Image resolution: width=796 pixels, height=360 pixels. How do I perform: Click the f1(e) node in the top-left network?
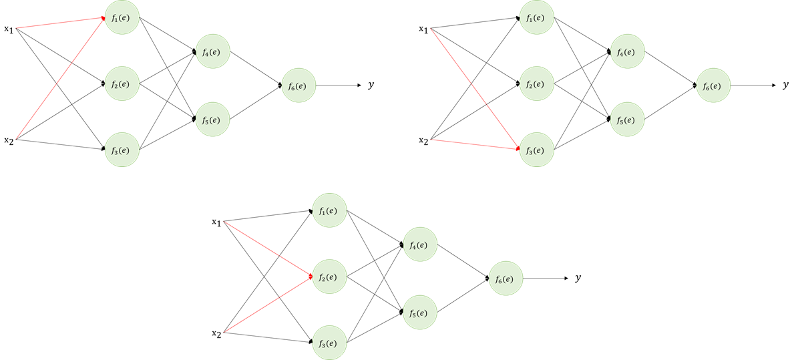tap(122, 17)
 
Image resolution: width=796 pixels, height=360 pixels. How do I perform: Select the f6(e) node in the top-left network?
tap(298, 85)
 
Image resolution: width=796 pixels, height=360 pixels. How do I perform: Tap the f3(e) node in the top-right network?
tap(536, 150)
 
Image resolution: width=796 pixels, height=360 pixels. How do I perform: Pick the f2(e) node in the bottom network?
tap(329, 277)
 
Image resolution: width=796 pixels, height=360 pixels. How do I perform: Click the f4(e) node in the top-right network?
tap(626, 52)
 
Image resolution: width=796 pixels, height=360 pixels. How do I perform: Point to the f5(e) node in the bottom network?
tap(419, 312)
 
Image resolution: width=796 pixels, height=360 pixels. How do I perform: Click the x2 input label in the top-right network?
tap(423, 140)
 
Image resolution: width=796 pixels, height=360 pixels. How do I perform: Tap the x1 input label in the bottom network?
tap(216, 222)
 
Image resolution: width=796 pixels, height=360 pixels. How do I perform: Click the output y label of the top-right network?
tap(785, 85)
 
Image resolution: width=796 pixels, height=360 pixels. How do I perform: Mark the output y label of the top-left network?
tap(371, 85)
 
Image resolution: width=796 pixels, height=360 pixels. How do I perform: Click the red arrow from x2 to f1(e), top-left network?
tap(60, 78)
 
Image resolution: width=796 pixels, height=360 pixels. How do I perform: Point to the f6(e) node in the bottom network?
tap(506, 278)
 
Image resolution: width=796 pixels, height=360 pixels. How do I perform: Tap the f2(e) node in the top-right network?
tap(536, 84)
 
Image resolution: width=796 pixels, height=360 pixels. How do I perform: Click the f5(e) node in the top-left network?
tap(212, 120)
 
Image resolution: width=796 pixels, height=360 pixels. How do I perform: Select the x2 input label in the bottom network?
tap(216, 333)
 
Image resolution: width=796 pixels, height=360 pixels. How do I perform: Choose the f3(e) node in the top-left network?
tap(122, 150)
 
